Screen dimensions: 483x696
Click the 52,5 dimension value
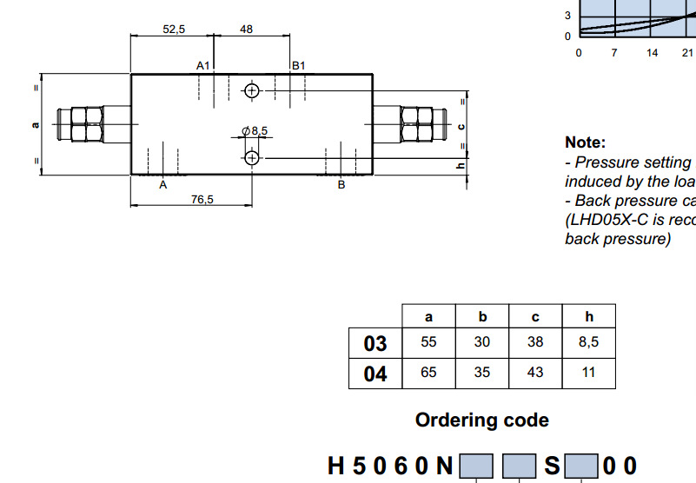174,29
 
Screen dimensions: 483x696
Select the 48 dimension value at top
246,29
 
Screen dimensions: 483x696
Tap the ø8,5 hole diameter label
255,130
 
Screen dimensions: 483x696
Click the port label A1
203,65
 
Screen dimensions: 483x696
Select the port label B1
298,65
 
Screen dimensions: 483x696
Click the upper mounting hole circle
252,91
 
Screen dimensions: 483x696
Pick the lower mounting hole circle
252,157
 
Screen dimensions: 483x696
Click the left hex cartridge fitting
80,124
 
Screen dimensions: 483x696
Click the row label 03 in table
375,343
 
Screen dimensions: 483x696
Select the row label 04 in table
375,374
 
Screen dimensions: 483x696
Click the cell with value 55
428,342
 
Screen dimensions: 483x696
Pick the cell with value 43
535,373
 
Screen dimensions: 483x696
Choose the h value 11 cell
588,373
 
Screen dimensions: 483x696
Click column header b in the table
482,316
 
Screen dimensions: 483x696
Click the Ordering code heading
481,420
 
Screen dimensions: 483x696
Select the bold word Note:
585,142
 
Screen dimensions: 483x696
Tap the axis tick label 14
651,53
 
